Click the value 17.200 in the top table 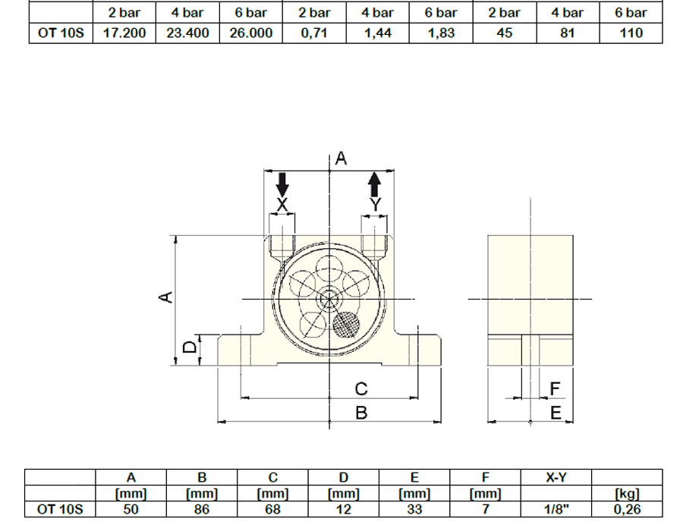click(x=124, y=33)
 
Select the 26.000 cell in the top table click(x=251, y=33)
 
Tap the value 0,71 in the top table click(x=314, y=33)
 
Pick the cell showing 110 click(x=631, y=33)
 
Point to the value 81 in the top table click(x=568, y=33)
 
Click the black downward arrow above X click(x=282, y=185)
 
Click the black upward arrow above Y click(x=375, y=184)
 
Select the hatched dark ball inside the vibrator click(x=346, y=324)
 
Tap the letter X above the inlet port click(x=282, y=205)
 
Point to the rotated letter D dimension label click(x=190, y=347)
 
